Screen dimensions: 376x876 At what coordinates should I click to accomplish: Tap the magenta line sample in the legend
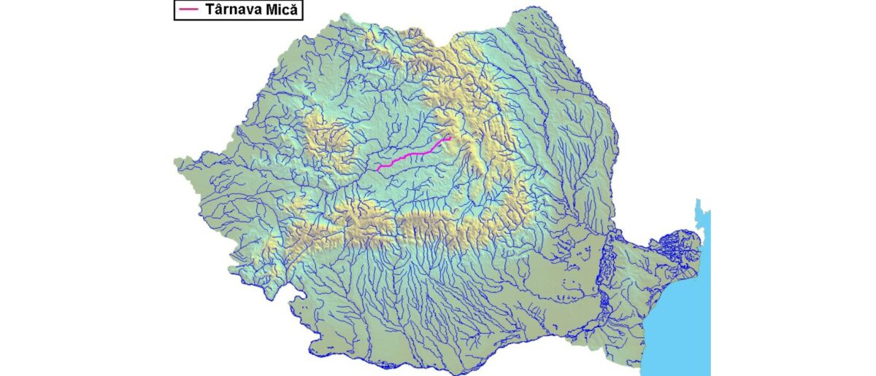click(x=189, y=9)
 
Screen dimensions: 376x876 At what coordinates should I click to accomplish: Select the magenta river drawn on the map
click(x=412, y=154)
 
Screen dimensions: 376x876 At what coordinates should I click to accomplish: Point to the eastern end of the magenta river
click(x=450, y=137)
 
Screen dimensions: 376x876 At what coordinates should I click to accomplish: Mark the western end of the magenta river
click(x=377, y=169)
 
